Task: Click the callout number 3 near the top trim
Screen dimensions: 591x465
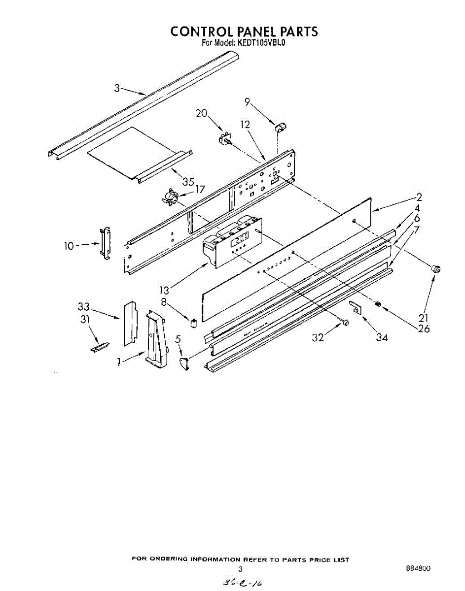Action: [x=117, y=89]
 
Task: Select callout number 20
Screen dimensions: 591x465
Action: [x=201, y=113]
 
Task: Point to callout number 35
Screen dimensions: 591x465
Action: [x=188, y=181]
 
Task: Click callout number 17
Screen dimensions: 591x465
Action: [x=200, y=189]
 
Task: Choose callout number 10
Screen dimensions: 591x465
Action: [x=69, y=245]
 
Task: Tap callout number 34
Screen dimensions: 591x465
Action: [x=381, y=337]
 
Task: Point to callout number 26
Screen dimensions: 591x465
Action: [x=423, y=328]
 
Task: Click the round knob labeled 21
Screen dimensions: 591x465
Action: [x=435, y=269]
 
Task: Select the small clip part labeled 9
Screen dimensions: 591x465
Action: [x=281, y=128]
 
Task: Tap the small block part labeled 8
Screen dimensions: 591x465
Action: [x=194, y=323]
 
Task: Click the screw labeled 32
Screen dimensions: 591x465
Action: [x=346, y=323]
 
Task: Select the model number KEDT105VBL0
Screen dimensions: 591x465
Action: [x=262, y=43]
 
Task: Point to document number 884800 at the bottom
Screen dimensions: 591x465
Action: [x=418, y=568]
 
